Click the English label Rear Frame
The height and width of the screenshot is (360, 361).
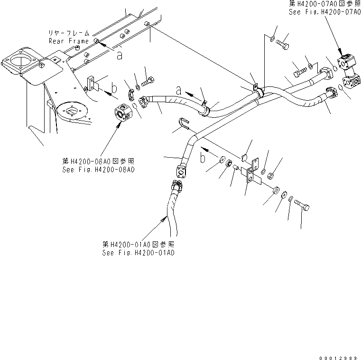point(68,41)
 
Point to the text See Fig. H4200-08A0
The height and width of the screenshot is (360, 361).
point(98,169)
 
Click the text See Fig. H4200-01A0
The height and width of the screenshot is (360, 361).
point(138,253)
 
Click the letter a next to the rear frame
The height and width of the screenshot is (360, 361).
point(119,55)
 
